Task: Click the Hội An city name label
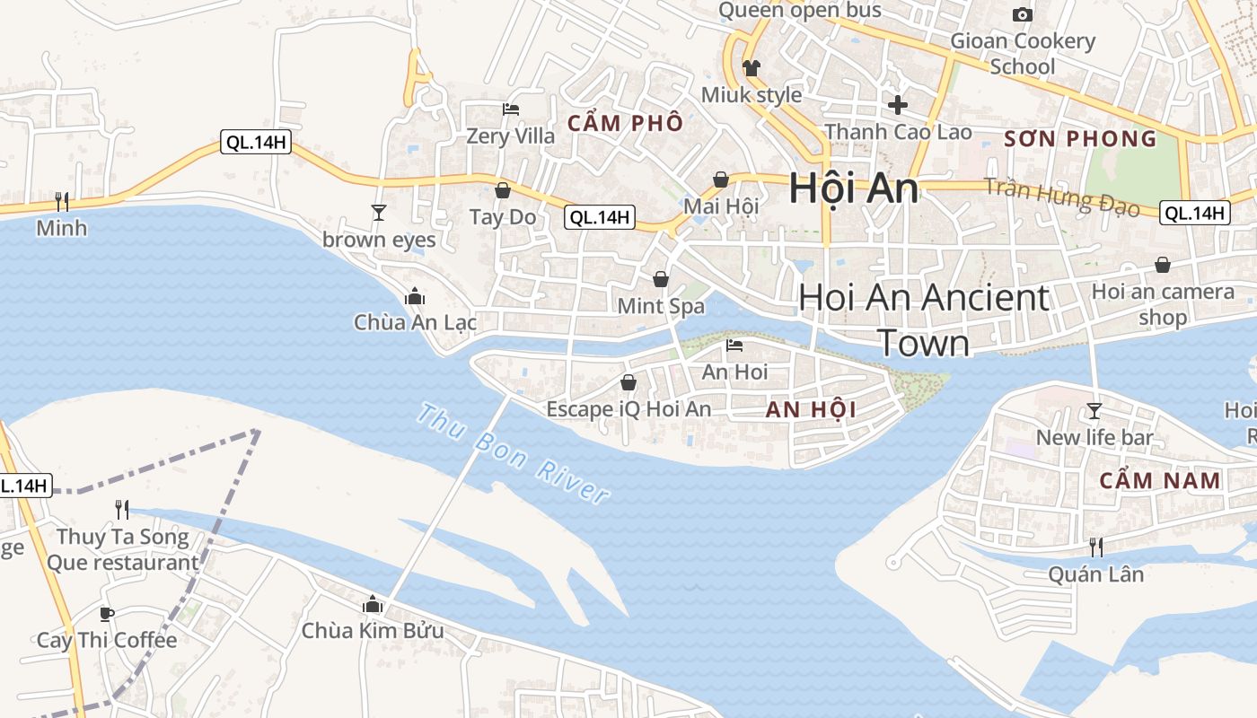coord(854,189)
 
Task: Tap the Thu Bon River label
coord(514,454)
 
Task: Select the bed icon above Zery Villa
coord(511,109)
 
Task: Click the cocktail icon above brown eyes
coord(379,213)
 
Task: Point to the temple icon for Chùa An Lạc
coord(415,295)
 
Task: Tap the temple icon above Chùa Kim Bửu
coord(373,604)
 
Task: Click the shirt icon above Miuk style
coord(751,68)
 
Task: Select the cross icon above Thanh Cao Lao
coord(898,105)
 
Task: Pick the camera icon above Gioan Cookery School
coord(1023,14)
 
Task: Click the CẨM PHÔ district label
coord(626,123)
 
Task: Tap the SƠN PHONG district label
coord(1081,139)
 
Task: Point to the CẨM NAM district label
coord(1161,480)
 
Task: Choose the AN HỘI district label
coord(811,410)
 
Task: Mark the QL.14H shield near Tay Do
coord(600,216)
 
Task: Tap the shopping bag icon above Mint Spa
coord(661,279)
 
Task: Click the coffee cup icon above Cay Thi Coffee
coord(107,615)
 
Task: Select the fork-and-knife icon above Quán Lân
coord(1096,547)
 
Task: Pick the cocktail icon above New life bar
coord(1094,411)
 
